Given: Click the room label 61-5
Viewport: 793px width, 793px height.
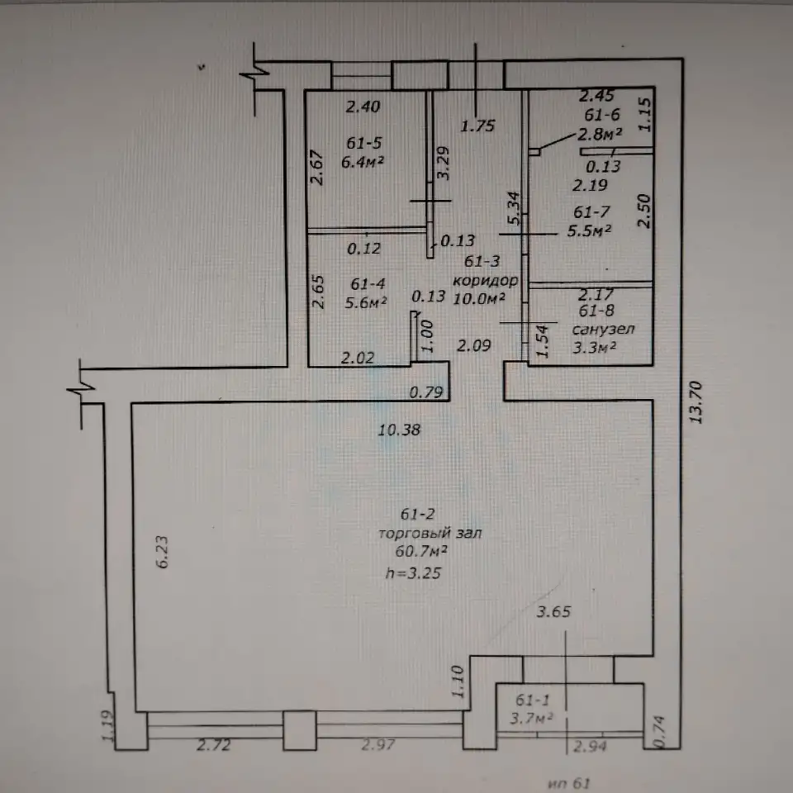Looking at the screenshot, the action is pos(364,143).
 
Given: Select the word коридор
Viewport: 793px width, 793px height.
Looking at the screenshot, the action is pos(485,281).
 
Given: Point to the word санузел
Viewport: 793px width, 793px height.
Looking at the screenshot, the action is pos(603,330).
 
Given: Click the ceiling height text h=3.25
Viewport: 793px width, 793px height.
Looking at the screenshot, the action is pos(413,572).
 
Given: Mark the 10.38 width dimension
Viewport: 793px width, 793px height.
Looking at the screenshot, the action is pos(400,430).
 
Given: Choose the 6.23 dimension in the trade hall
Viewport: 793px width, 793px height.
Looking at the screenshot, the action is pos(162,553).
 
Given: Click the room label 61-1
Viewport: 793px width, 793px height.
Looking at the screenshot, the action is pos(532,700).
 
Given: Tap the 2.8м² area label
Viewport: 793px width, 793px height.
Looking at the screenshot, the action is pos(600,134).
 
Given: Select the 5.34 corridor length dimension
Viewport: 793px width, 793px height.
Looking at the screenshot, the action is pos(514,208).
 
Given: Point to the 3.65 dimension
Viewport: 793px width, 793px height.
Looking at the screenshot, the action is pos(553,612).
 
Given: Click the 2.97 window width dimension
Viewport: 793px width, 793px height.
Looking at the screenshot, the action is pos(378,744).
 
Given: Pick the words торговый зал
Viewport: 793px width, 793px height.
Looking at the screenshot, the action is pos(430,533).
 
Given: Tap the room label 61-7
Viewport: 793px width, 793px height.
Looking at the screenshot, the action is pos(591,212).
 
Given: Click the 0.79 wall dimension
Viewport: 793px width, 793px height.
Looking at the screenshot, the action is pos(426,392).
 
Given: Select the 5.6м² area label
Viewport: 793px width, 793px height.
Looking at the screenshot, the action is pos(366,302).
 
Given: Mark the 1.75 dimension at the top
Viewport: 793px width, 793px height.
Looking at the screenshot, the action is pos(477,126).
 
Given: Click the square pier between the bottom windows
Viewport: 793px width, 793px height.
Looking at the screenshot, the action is pos(299,729).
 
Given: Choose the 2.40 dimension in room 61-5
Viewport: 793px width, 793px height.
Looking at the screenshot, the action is pos(363,107).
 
